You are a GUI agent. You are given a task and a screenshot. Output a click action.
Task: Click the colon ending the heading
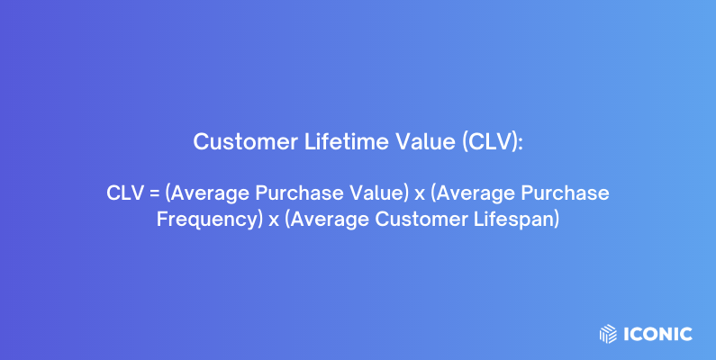tap(520, 143)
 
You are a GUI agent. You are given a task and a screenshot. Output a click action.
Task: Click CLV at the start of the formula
tap(125, 193)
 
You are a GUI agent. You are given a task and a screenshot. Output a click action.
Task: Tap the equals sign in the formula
tap(154, 194)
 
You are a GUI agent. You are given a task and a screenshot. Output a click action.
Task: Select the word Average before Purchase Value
tap(209, 193)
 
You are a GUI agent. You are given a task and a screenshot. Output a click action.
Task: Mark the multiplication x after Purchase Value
tap(419, 194)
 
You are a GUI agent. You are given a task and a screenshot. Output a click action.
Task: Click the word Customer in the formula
tap(422, 219)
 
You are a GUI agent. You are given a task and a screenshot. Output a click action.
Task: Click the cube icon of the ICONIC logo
tap(609, 334)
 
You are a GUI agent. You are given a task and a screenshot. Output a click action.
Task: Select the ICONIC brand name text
tap(657, 334)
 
